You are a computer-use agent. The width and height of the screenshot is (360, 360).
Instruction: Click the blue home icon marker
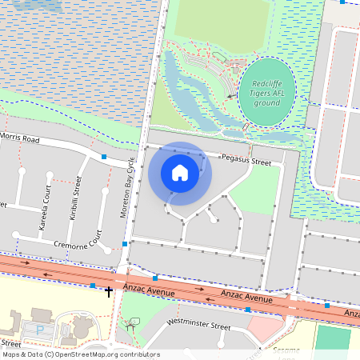(x=180, y=173)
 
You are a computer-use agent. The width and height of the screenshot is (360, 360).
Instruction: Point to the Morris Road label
(x=19, y=138)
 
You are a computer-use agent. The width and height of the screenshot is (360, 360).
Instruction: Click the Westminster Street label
(x=198, y=325)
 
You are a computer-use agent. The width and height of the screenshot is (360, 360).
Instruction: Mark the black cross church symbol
(x=109, y=291)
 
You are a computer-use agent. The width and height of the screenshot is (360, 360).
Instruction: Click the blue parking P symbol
(x=40, y=330)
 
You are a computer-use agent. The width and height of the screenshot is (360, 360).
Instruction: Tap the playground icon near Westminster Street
(x=130, y=324)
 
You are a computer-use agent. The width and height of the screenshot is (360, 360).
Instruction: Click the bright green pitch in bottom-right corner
(x=333, y=338)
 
